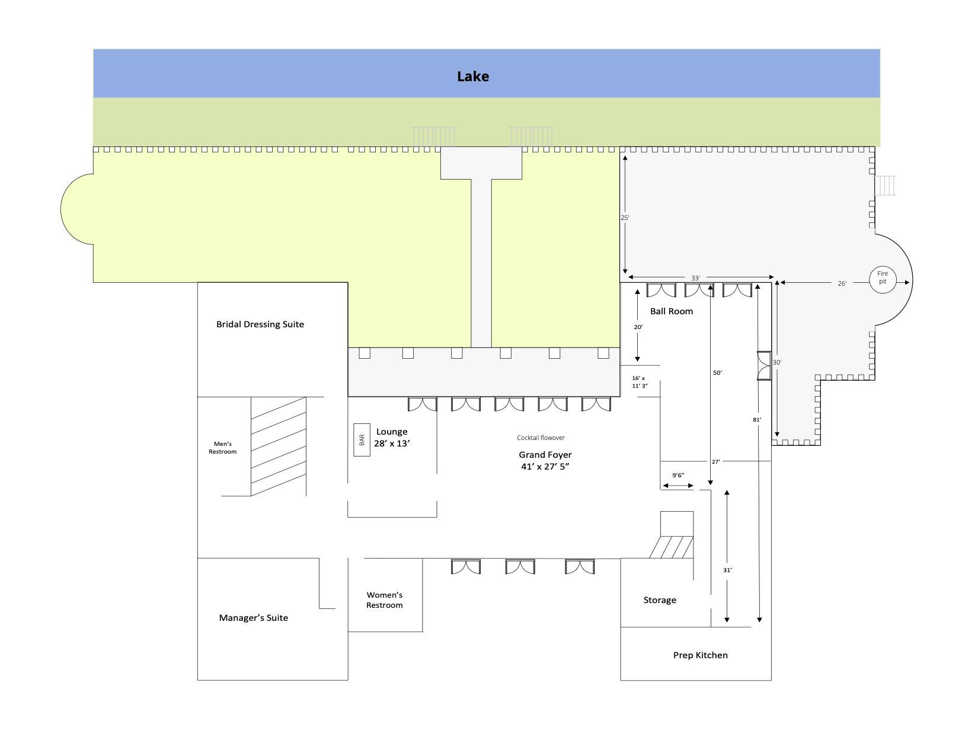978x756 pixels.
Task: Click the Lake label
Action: [x=472, y=76]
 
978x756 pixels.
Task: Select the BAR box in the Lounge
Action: [x=362, y=440]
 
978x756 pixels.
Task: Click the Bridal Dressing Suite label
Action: [x=260, y=324]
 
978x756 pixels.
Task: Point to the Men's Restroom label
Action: [x=222, y=448]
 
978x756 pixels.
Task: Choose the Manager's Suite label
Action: [x=253, y=618]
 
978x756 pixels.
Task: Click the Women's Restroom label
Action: [x=384, y=600]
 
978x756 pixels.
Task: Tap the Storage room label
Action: [x=660, y=600]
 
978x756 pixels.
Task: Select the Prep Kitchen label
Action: [x=701, y=655]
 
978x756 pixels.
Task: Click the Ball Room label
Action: [x=672, y=311]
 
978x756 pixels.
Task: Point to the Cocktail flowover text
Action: [x=541, y=438]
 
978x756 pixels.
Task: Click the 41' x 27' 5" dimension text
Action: [x=545, y=467]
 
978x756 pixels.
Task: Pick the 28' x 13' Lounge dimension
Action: [x=392, y=444]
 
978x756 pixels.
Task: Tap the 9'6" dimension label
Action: [x=678, y=475]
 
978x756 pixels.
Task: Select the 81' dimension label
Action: [x=757, y=420]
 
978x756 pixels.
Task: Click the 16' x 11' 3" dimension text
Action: [x=640, y=382]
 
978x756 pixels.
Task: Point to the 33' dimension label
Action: [x=695, y=278]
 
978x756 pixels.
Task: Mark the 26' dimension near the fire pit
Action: [x=842, y=283]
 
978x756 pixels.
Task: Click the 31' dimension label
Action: [x=727, y=570]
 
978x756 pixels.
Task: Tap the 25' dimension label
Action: [x=625, y=218]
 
